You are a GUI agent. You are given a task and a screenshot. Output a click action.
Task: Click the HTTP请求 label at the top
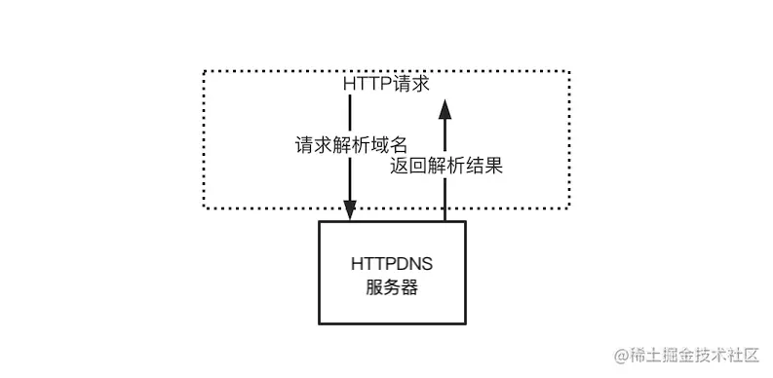pos(386,85)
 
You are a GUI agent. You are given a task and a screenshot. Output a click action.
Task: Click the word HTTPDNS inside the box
pos(392,263)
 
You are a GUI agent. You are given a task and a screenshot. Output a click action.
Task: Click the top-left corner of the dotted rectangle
pos(203,71)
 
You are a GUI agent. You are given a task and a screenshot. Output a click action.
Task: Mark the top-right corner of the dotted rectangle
pos(569,71)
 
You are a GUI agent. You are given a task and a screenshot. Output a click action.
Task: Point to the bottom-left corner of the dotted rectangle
pos(203,208)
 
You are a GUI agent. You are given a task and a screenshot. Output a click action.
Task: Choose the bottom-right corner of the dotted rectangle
pos(569,208)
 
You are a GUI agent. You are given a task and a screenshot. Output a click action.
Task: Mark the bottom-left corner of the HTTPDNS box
pos(319,324)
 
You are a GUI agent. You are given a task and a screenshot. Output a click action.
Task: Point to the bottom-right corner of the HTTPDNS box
pos(465,324)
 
